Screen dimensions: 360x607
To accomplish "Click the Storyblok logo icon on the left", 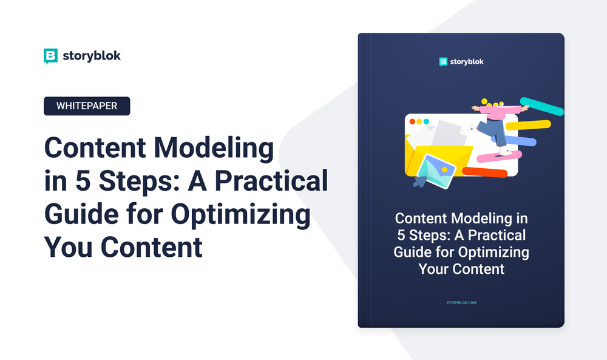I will click(x=51, y=56).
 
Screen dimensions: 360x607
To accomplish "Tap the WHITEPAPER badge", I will click(x=87, y=106).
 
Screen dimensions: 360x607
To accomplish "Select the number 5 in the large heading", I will click(x=76, y=182).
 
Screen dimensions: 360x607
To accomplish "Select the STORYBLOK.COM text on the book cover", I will click(x=461, y=302).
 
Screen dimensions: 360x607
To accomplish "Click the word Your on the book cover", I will click(x=434, y=268).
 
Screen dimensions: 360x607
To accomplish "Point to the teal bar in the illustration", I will click(x=542, y=106).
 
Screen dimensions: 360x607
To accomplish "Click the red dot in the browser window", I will click(x=412, y=121).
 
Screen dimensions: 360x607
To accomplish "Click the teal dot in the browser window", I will click(x=427, y=121).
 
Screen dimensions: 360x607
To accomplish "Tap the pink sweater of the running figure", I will click(x=498, y=111).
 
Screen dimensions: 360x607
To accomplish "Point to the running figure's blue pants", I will click(x=493, y=130).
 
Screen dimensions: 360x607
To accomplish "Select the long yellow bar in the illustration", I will click(x=528, y=124).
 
